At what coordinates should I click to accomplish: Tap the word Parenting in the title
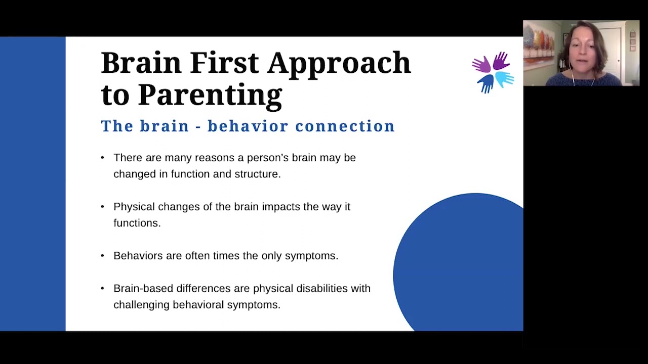(210, 95)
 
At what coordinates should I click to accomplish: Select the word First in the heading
(225, 63)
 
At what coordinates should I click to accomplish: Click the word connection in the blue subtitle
(345, 126)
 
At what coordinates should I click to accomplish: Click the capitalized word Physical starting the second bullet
(134, 207)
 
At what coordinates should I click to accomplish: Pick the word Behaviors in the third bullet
(138, 256)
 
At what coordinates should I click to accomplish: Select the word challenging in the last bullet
(141, 305)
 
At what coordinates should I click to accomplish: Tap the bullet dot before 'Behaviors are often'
(103, 256)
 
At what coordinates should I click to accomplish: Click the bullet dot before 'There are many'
(103, 158)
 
